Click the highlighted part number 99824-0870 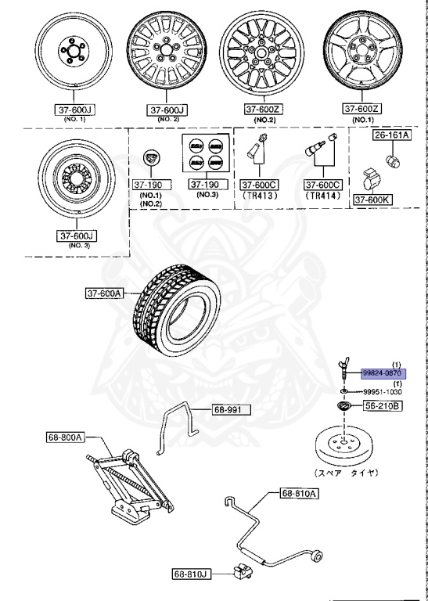pyautogui.click(x=383, y=374)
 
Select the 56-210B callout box pyautogui.click(x=382, y=406)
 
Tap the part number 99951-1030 pyautogui.click(x=383, y=391)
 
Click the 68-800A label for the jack pyautogui.click(x=63, y=438)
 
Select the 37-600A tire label pyautogui.click(x=106, y=293)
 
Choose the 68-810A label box pyautogui.click(x=298, y=494)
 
